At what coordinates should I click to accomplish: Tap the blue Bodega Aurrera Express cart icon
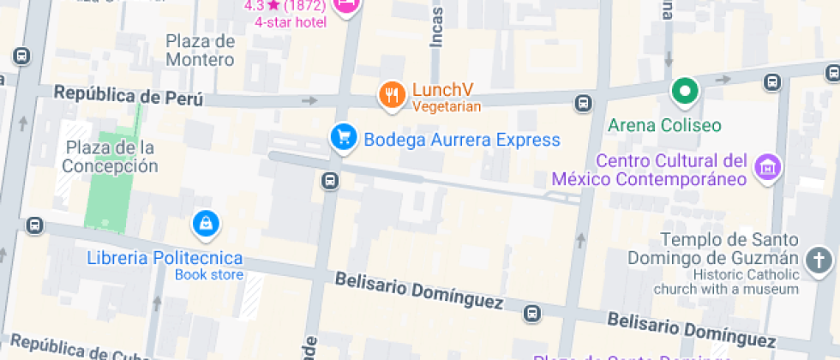344,138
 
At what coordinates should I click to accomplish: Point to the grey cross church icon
819,261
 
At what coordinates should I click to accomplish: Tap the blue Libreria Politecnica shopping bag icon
206,224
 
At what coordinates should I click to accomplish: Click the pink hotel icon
346,5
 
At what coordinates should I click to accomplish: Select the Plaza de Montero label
200,51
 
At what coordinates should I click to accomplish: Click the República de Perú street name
129,95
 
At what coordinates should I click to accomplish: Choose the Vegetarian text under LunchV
447,107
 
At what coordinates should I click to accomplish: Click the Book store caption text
209,275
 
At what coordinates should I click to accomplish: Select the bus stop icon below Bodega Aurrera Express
331,181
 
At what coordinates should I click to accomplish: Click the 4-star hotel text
291,21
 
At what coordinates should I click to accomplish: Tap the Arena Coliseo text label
664,125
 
